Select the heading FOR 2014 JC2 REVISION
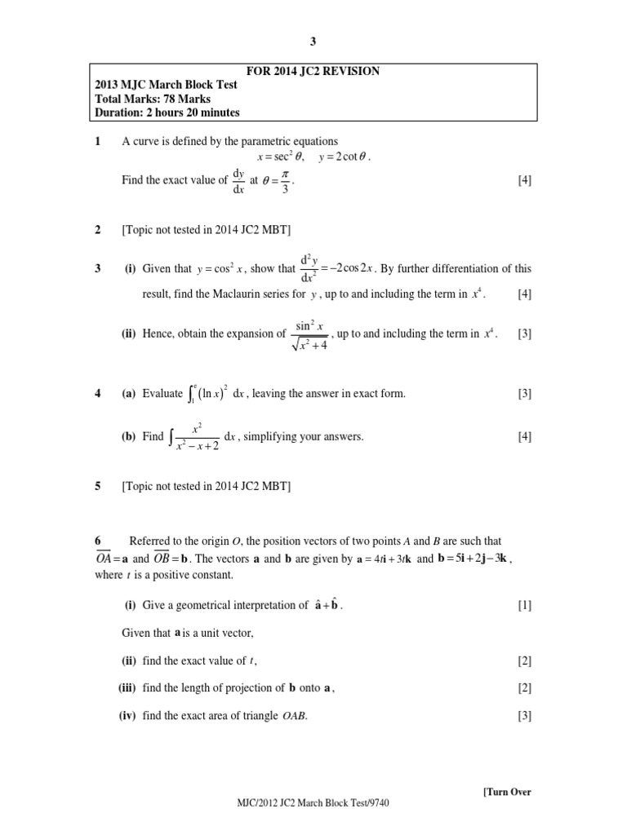(313, 71)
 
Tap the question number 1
(97, 141)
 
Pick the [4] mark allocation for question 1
(524, 181)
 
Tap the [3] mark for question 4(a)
(524, 394)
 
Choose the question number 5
(97, 486)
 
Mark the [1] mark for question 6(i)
(524, 605)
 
